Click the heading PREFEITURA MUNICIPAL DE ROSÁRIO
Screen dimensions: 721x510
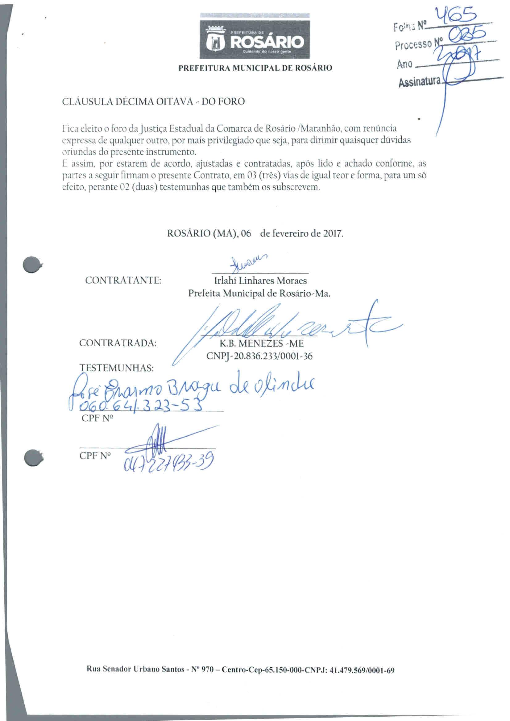pos(255,68)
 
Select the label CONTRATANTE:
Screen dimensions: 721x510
pos(123,280)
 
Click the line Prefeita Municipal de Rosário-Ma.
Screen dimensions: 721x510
pos(259,293)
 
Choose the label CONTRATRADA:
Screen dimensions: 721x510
pos(118,343)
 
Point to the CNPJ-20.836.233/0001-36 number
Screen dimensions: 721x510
pos(259,356)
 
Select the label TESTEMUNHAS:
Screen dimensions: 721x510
pos(117,368)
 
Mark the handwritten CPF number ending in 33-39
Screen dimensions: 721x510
pos(168,462)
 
